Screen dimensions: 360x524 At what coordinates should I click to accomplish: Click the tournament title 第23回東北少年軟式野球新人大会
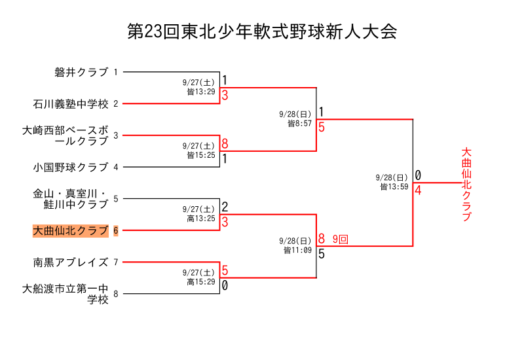point(262,32)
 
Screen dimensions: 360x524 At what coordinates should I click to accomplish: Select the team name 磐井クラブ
point(81,72)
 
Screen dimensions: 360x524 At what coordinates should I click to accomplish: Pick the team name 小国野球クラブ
point(70,167)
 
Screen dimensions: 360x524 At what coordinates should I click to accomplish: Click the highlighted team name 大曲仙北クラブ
point(70,230)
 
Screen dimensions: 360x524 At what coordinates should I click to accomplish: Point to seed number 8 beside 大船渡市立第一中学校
point(116,295)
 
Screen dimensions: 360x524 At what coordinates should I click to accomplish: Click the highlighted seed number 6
point(116,231)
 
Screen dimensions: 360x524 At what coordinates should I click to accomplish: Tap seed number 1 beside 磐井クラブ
point(116,73)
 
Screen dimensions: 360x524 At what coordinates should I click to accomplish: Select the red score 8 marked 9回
point(322,239)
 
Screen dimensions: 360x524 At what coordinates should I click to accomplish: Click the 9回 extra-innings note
point(340,240)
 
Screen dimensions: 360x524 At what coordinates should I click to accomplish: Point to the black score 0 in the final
point(418,175)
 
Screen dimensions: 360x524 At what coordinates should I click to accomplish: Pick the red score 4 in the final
point(418,190)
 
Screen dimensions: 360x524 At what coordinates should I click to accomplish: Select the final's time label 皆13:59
point(394,187)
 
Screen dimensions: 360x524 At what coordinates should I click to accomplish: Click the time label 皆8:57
point(300,123)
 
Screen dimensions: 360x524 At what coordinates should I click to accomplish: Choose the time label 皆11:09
point(298,250)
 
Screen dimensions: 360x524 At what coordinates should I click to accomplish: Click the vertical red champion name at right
point(466,185)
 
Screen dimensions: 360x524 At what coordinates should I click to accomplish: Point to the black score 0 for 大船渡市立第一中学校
point(225,285)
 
